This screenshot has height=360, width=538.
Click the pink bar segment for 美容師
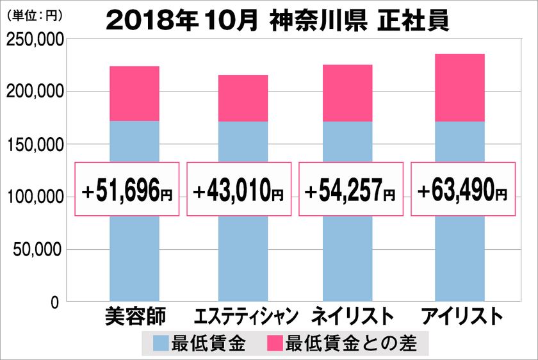[x=134, y=94]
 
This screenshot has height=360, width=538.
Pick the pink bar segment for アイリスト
[x=459, y=87]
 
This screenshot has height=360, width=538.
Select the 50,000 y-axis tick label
[x=37, y=249]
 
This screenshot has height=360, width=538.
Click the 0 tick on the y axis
[x=55, y=302]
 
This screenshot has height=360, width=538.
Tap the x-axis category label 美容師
[x=134, y=316]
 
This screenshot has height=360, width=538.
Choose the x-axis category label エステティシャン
[x=245, y=316]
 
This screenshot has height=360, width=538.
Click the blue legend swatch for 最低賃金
[x=161, y=344]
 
